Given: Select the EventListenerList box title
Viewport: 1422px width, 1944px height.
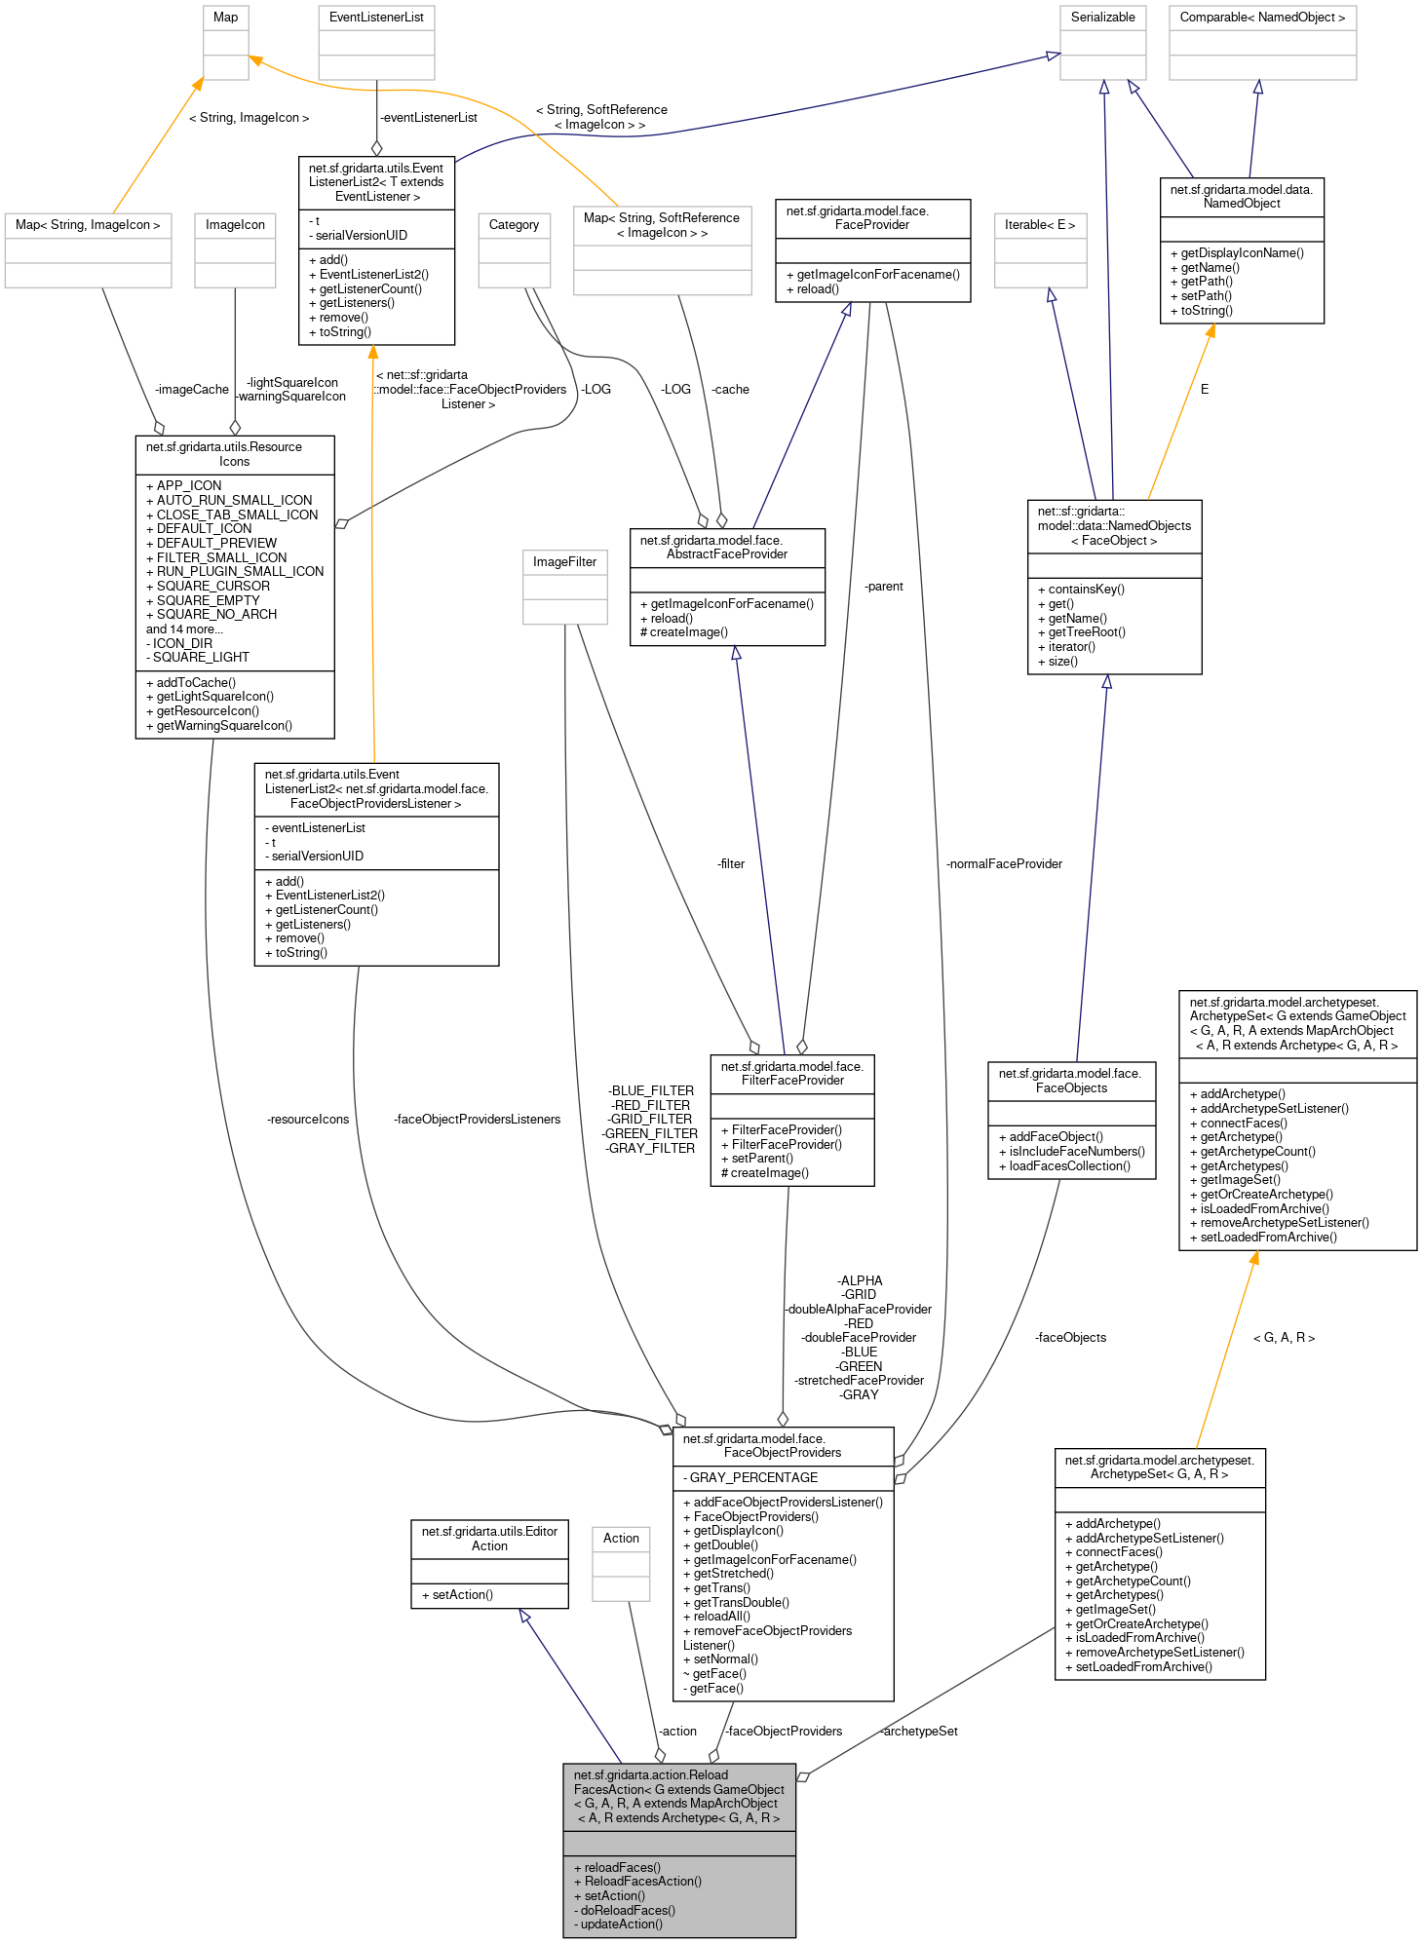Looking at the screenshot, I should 376,18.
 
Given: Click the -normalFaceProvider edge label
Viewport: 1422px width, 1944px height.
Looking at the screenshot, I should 1004,864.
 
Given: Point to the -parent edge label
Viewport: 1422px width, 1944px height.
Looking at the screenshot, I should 883,587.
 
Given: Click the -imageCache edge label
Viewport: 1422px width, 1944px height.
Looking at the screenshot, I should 191,390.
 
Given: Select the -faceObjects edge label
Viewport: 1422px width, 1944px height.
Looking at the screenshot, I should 1070,1338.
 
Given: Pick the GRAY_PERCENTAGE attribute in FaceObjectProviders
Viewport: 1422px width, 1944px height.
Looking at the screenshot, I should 752,1478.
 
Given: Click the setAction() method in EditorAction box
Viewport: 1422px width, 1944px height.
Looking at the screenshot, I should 462,1595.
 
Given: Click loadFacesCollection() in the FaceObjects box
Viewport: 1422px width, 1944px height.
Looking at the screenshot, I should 1069,1166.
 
